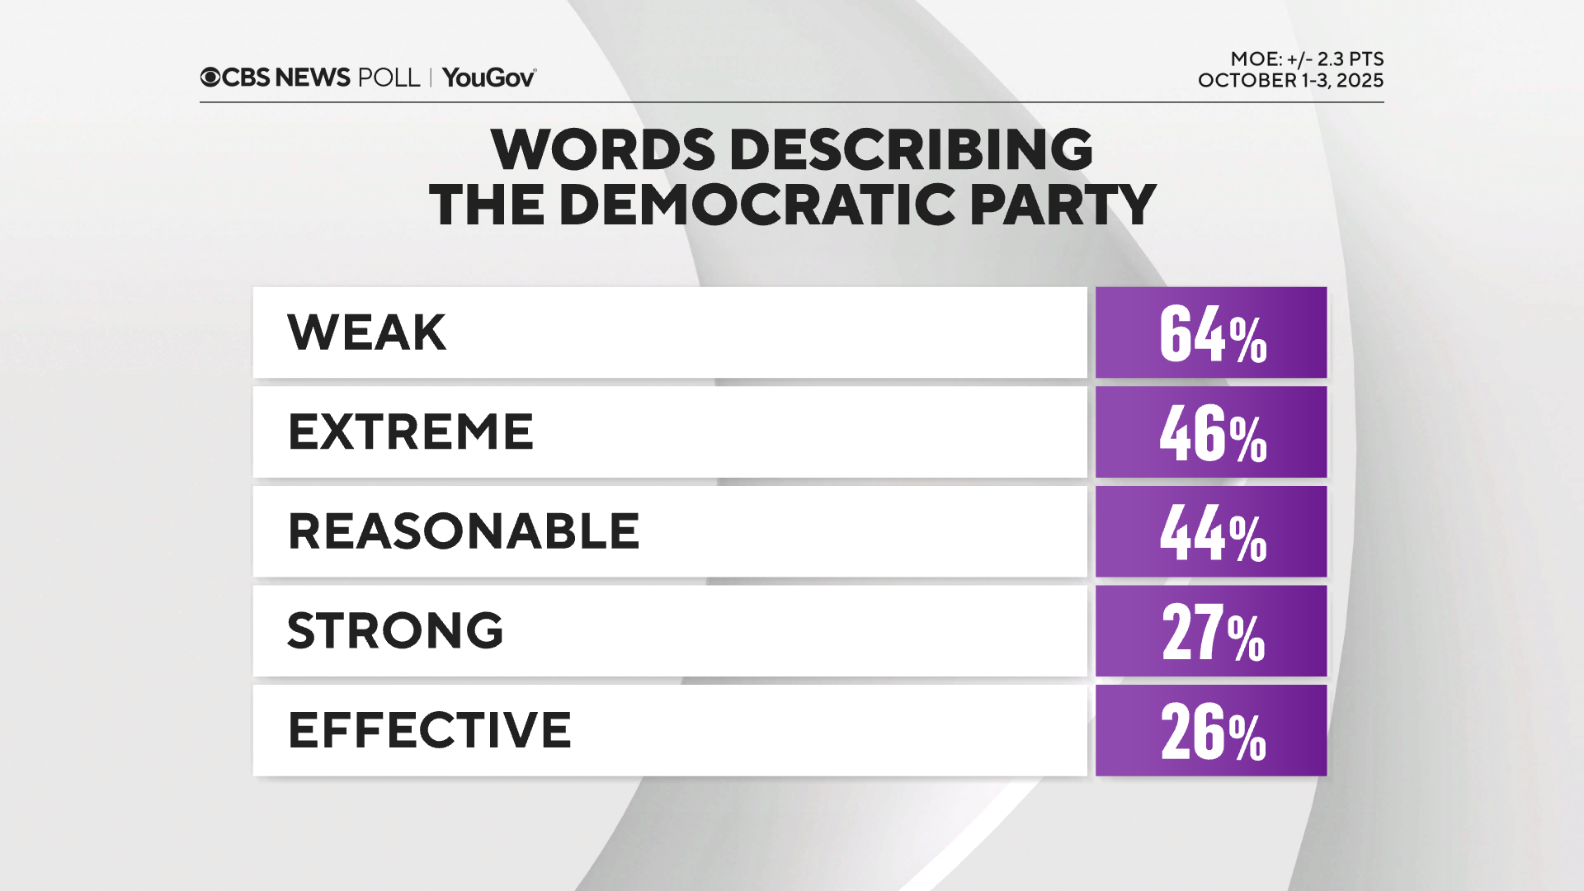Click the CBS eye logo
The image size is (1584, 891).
[x=210, y=78]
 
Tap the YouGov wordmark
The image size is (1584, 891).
[x=489, y=78]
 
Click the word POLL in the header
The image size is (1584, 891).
[x=389, y=78]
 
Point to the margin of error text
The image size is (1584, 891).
[x=1307, y=59]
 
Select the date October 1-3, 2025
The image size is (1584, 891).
[x=1290, y=81]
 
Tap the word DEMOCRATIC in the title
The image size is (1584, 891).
[x=757, y=205]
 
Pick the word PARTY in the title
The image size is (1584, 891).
[x=1063, y=205]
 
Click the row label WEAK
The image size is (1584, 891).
[x=366, y=332]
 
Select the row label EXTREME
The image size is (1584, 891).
[x=410, y=431]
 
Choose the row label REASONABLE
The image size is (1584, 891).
[x=463, y=531]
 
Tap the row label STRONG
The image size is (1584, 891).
[x=395, y=630]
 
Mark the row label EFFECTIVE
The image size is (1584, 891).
[x=429, y=730]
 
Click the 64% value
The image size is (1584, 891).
[x=1212, y=333]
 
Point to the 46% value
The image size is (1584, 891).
[x=1212, y=433]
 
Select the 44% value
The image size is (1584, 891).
[x=1212, y=533]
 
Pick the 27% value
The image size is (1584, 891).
[x=1212, y=632]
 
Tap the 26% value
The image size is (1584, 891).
[x=1212, y=732]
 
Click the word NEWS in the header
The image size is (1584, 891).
[x=313, y=78]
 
